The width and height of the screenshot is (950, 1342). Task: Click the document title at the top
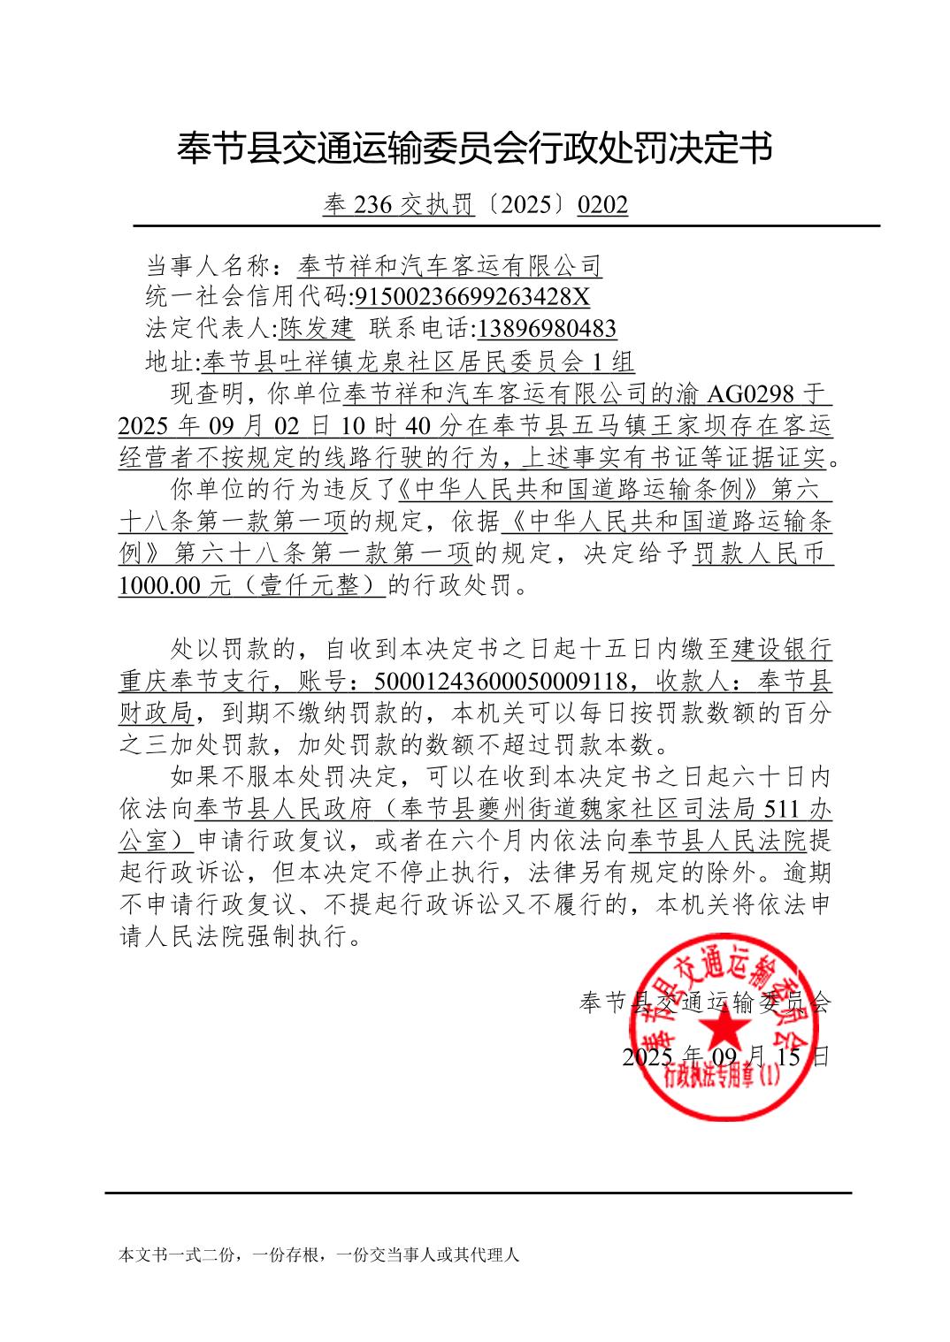pos(475,148)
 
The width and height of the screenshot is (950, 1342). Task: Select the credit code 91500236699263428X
pos(472,296)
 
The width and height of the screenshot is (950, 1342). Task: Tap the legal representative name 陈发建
pos(317,329)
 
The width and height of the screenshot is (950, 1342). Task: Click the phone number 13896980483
pos(546,329)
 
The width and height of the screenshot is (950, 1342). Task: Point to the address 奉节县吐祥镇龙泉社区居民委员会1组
pos(418,362)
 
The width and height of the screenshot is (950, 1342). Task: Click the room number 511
pos(784,808)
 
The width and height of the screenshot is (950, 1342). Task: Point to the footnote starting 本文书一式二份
pos(318,1254)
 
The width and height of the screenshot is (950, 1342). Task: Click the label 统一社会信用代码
pos(248,296)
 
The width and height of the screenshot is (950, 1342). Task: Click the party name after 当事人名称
pos(448,264)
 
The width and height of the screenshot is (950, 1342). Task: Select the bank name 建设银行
pos(782,650)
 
